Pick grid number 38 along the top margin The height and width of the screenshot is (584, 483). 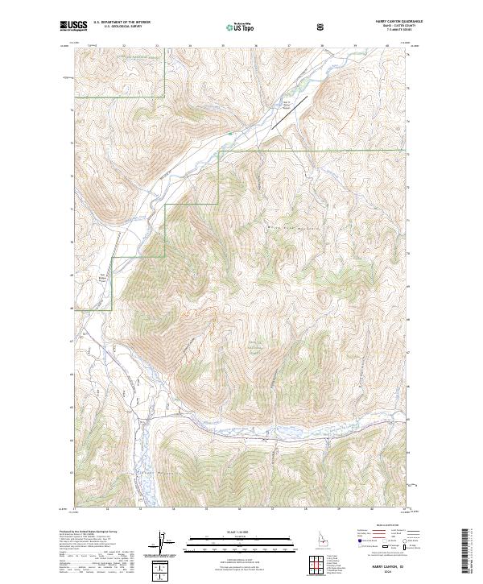pos(321,46)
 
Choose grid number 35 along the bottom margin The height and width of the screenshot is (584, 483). pos(206,509)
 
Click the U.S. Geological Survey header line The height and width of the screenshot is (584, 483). pos(114,29)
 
